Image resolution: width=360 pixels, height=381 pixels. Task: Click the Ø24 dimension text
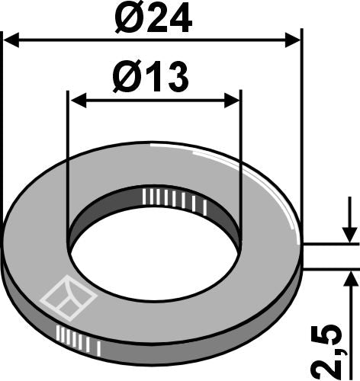click(153, 18)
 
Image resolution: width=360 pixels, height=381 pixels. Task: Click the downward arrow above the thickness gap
click(348, 235)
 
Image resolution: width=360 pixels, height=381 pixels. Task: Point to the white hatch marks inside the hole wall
click(173, 199)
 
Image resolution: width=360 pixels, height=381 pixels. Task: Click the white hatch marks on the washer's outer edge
click(79, 338)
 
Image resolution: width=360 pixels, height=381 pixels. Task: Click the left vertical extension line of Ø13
click(68, 152)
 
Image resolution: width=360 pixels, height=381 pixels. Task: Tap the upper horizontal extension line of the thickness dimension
click(332, 245)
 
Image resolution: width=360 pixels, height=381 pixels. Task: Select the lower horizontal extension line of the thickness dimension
click(332, 268)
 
